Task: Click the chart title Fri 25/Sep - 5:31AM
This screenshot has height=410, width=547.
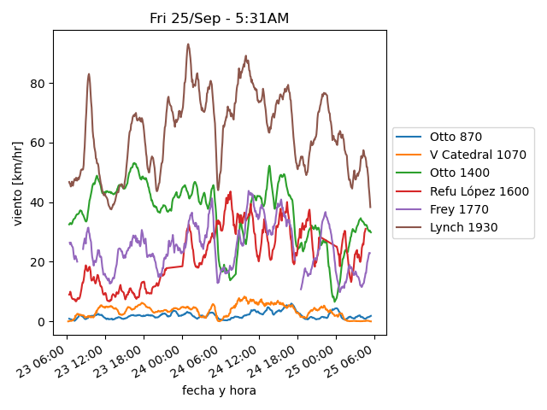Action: [x=219, y=19]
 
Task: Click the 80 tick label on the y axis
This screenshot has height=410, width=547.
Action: [x=38, y=84]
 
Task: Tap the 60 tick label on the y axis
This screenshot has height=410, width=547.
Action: [x=38, y=143]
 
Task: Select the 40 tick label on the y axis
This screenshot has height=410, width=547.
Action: [x=38, y=202]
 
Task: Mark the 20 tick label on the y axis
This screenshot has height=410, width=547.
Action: [x=38, y=262]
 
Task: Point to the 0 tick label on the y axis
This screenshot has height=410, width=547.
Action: [x=42, y=322]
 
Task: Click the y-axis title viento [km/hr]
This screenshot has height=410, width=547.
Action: [x=17, y=184]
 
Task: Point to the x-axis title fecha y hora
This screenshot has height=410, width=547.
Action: [x=219, y=390]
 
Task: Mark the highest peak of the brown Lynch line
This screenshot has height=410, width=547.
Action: [x=188, y=44]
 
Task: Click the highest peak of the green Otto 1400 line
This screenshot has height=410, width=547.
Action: [x=269, y=166]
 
